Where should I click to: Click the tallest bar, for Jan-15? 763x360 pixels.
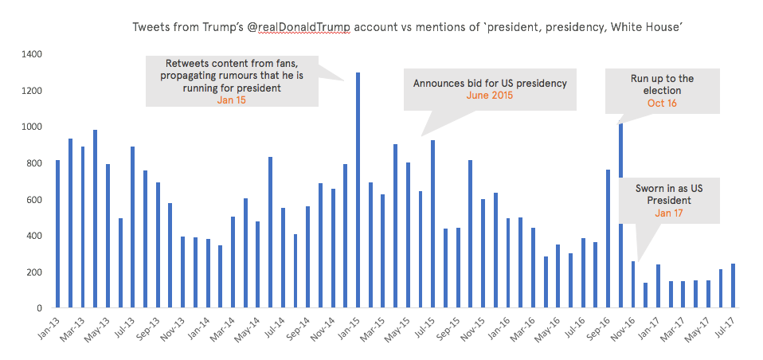tap(358, 190)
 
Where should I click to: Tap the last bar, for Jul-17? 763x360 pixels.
tap(733, 286)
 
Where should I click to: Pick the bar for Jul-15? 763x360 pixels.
tap(432, 224)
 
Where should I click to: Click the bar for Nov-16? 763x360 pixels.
tap(633, 284)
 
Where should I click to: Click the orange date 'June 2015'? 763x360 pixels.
tap(490, 96)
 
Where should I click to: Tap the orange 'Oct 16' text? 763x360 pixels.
tap(662, 104)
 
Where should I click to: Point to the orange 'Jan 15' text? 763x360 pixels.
tap(231, 100)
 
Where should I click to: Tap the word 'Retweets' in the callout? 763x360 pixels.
tap(188, 63)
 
